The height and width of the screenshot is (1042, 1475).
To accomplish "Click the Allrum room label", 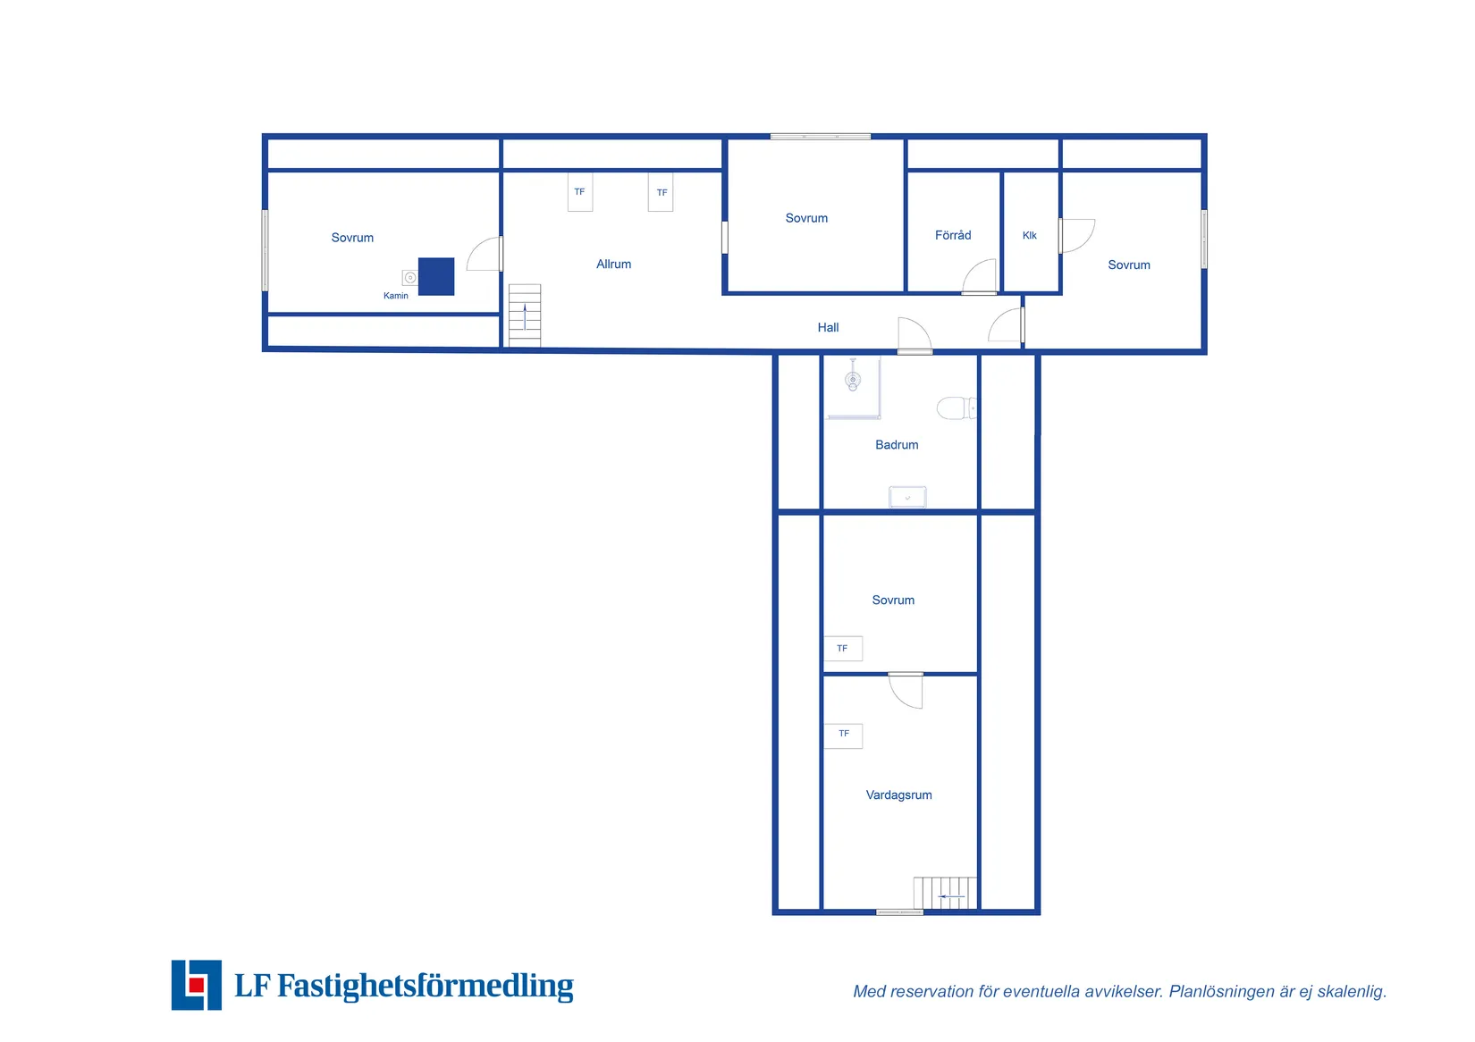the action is click(x=614, y=264).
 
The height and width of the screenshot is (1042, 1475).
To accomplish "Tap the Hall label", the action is click(x=829, y=327).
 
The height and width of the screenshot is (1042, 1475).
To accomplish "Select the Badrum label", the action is click(x=897, y=445).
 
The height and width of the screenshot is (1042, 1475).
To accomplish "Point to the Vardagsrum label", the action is click(x=898, y=795).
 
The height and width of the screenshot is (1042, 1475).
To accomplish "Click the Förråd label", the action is click(x=953, y=235).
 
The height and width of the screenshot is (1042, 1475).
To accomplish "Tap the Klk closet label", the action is click(x=1030, y=236).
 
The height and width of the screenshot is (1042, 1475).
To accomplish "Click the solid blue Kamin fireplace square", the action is click(x=436, y=276).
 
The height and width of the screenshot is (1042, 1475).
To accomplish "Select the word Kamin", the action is click(x=396, y=296).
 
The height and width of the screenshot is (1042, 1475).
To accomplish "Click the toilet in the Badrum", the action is click(x=957, y=408).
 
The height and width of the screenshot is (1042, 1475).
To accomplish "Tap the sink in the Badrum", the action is click(x=907, y=497).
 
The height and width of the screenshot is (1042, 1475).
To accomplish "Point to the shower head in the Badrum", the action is click(x=853, y=379).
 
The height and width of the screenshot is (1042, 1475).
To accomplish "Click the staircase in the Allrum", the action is click(x=525, y=315).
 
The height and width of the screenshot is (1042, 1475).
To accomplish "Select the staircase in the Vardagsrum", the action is click(x=945, y=893).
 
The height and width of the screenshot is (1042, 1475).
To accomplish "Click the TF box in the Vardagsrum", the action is click(x=844, y=735).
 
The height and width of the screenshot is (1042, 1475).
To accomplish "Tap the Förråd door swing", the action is click(x=979, y=276).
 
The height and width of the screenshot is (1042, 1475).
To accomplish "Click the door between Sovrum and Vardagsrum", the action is click(x=906, y=690).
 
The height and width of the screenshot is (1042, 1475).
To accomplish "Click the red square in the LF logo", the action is click(x=197, y=985).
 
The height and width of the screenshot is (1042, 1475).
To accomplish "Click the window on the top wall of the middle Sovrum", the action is click(x=821, y=137).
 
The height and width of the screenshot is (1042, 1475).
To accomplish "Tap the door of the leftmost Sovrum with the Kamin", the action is click(x=485, y=254).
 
